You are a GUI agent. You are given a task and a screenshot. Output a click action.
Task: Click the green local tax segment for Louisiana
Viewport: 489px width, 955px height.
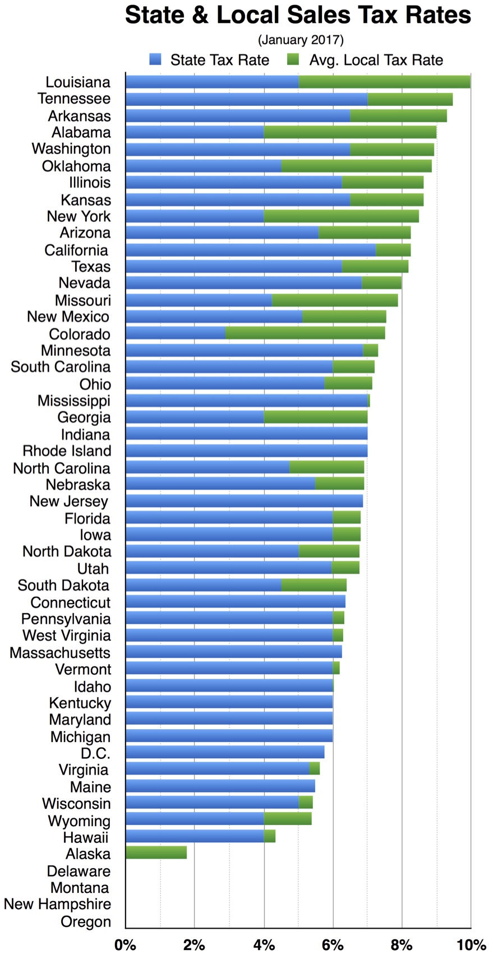pyautogui.click(x=384, y=82)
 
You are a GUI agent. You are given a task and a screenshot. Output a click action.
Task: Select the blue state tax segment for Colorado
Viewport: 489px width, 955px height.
pyautogui.click(x=175, y=333)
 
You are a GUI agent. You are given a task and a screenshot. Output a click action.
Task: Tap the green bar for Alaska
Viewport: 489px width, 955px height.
pyautogui.click(x=156, y=853)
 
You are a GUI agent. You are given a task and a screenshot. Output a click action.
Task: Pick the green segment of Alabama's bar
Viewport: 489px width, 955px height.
pyautogui.click(x=350, y=132)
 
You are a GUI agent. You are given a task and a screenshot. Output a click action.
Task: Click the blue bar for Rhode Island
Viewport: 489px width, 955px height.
pyautogui.click(x=246, y=451)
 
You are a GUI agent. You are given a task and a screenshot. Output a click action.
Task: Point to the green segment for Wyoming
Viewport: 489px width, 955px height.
pyautogui.click(x=288, y=819)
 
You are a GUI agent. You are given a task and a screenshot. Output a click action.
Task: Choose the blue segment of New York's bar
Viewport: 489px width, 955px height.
pyautogui.click(x=195, y=216)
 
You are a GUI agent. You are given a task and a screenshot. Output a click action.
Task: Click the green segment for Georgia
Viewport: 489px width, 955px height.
pyautogui.click(x=316, y=417)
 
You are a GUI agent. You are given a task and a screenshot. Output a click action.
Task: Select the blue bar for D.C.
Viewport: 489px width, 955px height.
pyautogui.click(x=225, y=752)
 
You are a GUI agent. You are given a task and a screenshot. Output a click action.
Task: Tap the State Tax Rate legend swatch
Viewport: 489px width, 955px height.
pyautogui.click(x=155, y=59)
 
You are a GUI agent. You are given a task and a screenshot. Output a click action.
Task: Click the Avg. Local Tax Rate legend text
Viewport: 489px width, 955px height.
pyautogui.click(x=376, y=60)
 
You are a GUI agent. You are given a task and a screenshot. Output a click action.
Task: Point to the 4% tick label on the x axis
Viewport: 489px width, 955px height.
pyautogui.click(x=264, y=945)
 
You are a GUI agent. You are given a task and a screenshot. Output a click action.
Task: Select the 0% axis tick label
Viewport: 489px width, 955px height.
pyautogui.click(x=126, y=945)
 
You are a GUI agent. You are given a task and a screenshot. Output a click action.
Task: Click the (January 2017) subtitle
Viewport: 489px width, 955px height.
pyautogui.click(x=301, y=40)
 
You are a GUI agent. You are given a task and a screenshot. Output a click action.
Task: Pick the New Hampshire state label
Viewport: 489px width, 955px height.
pyautogui.click(x=57, y=903)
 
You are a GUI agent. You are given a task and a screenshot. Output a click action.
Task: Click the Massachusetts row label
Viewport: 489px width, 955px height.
pyautogui.click(x=60, y=652)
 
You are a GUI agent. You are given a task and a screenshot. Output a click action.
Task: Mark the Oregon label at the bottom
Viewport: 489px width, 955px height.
pyautogui.click(x=85, y=921)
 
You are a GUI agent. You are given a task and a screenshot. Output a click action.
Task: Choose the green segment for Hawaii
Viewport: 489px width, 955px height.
pyautogui.click(x=269, y=836)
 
